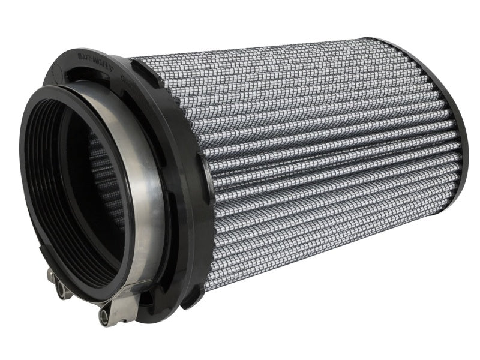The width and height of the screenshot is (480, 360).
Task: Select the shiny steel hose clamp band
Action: coord(147,180)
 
